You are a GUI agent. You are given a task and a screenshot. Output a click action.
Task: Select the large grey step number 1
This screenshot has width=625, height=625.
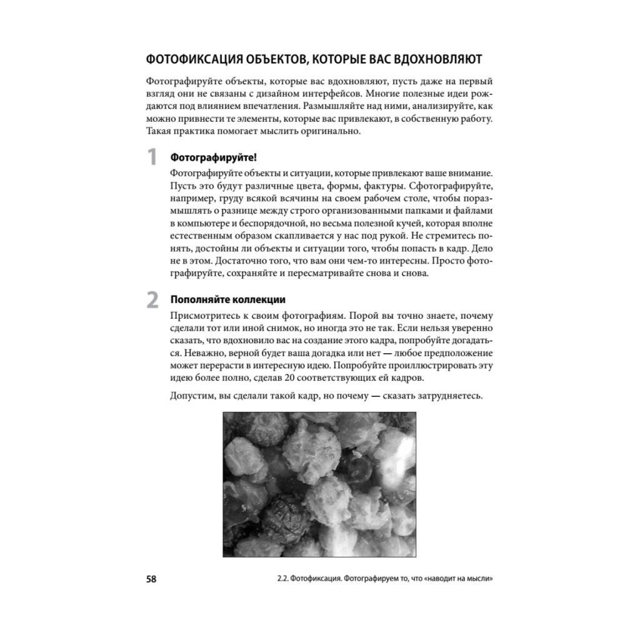pos(152,157)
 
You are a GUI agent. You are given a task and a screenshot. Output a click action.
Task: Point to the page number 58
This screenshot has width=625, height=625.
pos(151,578)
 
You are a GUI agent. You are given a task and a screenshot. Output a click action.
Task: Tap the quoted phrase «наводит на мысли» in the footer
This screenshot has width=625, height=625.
pos(456,578)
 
